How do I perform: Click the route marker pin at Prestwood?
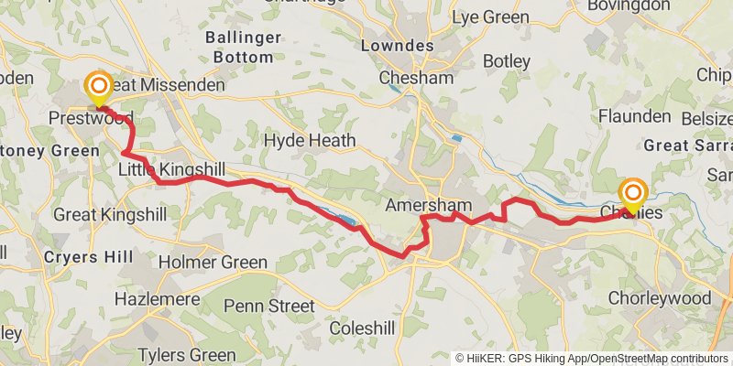coord(97,89)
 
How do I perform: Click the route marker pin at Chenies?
coord(633,194)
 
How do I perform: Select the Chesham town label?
coord(416,78)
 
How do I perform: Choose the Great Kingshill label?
coord(110,215)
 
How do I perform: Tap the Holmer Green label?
coord(213,263)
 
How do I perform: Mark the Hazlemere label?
coord(151,299)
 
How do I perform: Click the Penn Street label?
coord(268,306)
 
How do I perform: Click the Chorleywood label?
coord(660,298)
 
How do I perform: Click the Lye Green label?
coord(496,17)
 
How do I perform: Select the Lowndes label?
coord(397,46)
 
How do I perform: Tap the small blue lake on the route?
coord(345,221)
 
